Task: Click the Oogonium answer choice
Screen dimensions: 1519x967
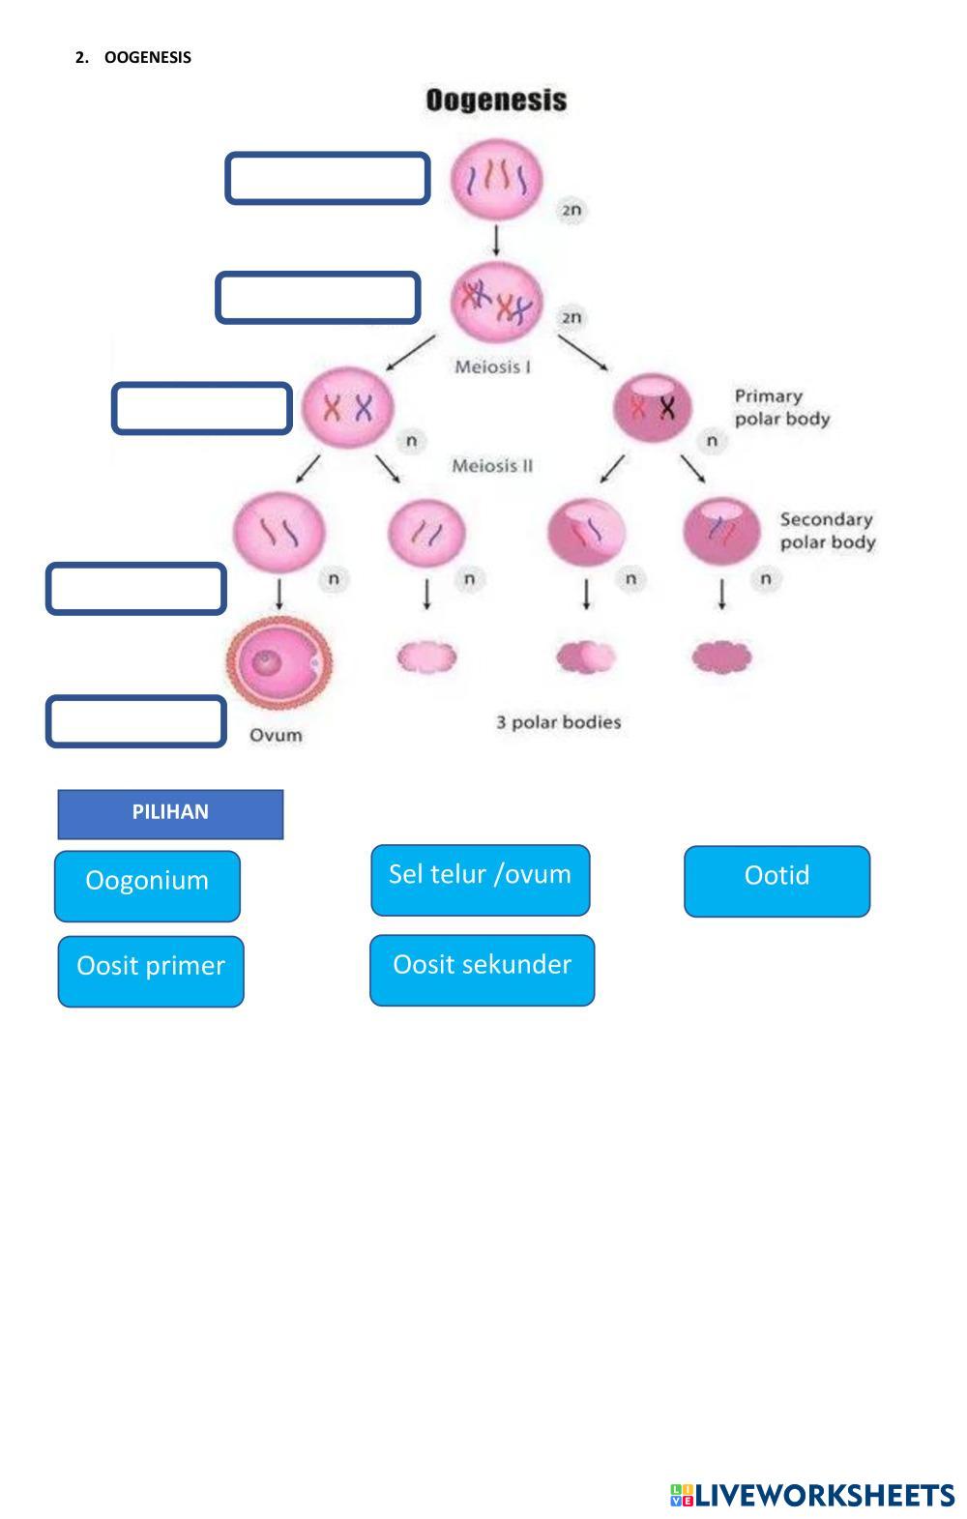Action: click(x=147, y=885)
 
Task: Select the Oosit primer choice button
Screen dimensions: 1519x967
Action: click(x=151, y=971)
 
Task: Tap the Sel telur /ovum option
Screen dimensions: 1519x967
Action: click(x=481, y=879)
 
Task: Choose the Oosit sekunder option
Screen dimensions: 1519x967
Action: click(x=482, y=970)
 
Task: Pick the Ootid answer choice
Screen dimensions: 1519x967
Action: click(x=777, y=880)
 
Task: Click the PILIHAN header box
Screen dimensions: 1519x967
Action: click(x=170, y=813)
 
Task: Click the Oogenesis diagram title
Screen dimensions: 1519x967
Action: click(x=496, y=101)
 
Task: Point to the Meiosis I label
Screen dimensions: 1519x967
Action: click(x=492, y=367)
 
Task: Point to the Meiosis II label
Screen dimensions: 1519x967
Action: click(x=492, y=466)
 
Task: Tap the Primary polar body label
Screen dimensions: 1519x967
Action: click(x=781, y=407)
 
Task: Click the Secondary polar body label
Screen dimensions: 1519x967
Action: click(x=827, y=531)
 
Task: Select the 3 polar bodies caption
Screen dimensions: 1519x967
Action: click(x=559, y=722)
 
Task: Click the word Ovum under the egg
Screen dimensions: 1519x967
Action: click(x=276, y=735)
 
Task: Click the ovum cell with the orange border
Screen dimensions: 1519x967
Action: click(x=279, y=660)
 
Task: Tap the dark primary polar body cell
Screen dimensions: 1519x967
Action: click(x=653, y=406)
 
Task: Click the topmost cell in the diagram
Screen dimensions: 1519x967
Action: click(x=496, y=179)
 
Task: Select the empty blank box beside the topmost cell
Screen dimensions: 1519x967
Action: click(x=328, y=178)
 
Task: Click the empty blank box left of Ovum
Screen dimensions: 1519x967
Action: click(x=135, y=721)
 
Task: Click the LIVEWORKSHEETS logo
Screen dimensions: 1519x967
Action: click(x=812, y=1495)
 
